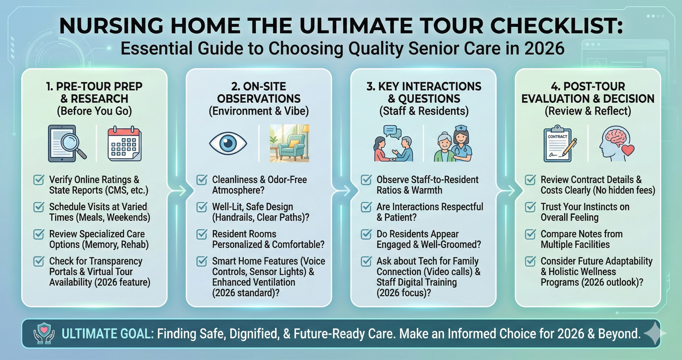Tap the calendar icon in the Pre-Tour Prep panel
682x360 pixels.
[124, 144]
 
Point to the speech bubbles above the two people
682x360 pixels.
[392, 132]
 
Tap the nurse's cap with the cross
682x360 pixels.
[461, 128]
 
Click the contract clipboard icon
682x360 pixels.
[558, 144]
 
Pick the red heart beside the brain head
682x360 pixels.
[628, 150]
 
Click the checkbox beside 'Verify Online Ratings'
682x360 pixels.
[39, 180]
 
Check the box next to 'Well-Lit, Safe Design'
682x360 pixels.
[202, 207]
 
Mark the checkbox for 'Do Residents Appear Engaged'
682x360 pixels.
[366, 234]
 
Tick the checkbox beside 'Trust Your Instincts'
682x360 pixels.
[530, 207]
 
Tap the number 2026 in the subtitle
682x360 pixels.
[544, 49]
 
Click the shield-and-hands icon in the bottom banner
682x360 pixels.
[44, 333]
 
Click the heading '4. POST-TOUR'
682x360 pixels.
[588, 86]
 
